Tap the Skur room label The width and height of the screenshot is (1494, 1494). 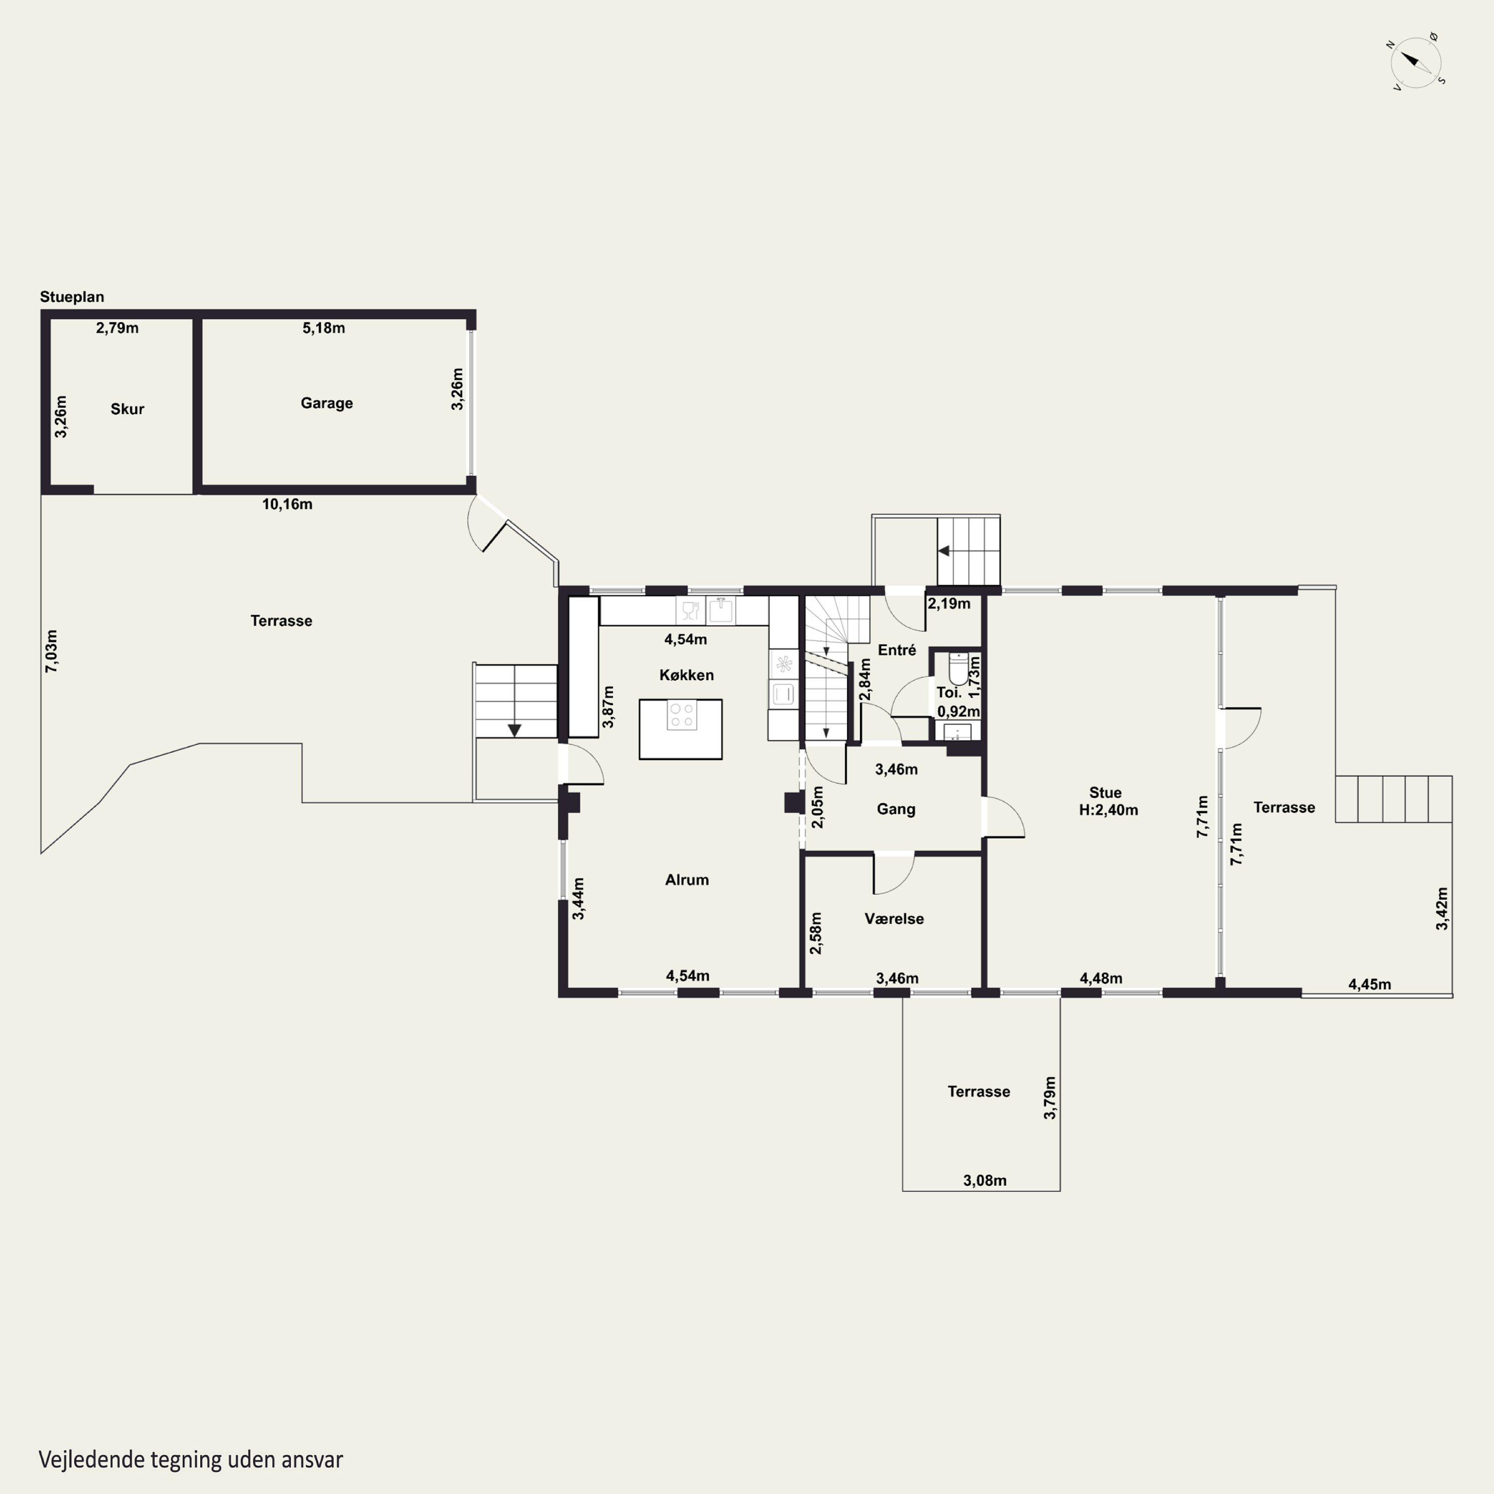[x=127, y=409]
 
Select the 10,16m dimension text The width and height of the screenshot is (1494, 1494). [x=287, y=504]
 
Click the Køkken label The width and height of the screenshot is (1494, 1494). [x=687, y=675]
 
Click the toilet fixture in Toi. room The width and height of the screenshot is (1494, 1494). [x=958, y=669]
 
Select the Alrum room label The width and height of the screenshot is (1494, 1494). [x=687, y=879]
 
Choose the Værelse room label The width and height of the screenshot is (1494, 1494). [x=894, y=919]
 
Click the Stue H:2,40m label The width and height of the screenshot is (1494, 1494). [x=1108, y=801]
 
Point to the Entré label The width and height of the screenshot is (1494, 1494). [x=897, y=650]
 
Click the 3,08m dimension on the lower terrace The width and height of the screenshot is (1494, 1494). [x=985, y=1180]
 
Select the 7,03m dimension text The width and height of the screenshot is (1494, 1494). [x=51, y=651]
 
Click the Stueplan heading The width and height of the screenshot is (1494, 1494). [x=72, y=297]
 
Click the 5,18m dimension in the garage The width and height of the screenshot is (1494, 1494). [x=323, y=328]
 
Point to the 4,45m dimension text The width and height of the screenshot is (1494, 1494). [x=1369, y=985]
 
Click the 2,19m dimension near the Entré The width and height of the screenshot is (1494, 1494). [x=949, y=604]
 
